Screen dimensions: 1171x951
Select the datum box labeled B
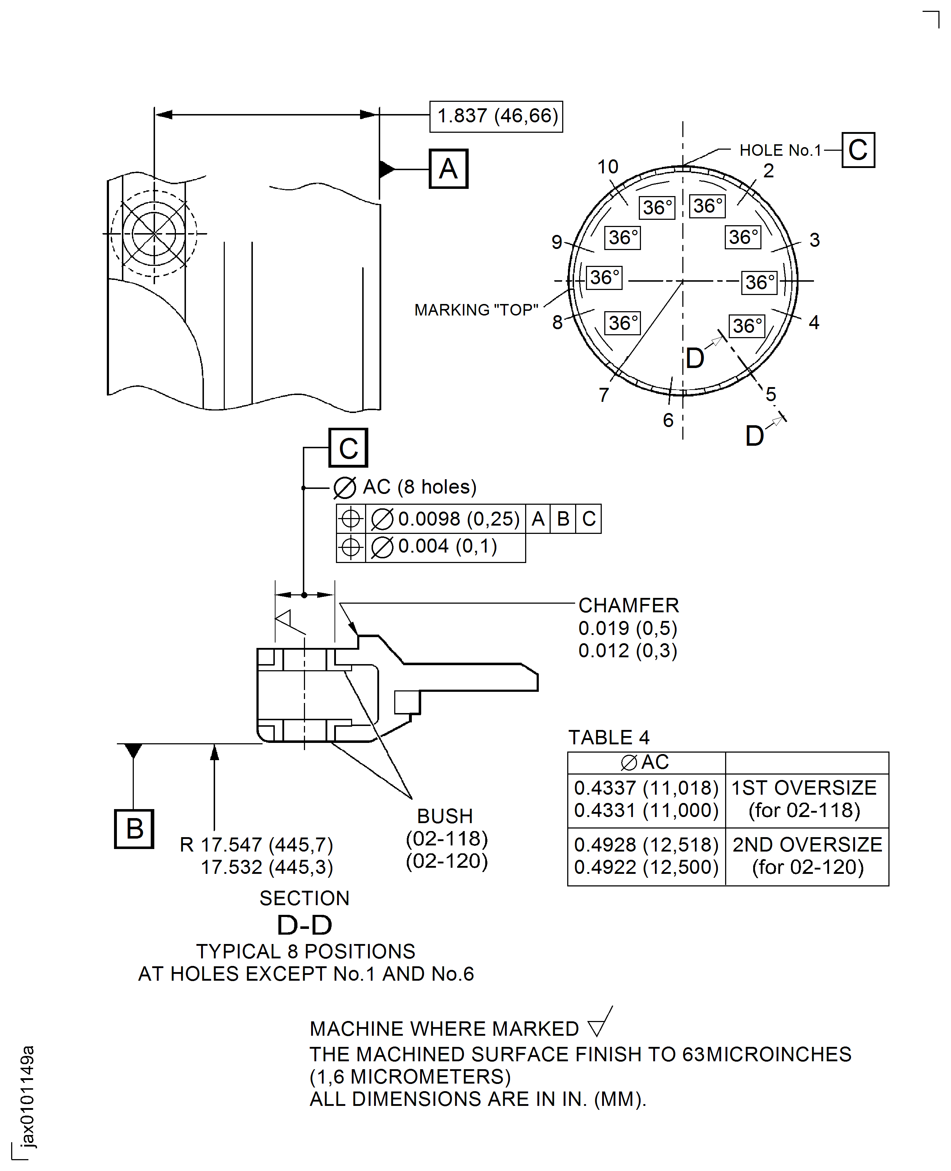pos(134,829)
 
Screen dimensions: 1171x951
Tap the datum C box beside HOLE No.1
pos(857,150)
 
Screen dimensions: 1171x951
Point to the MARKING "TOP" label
pos(475,310)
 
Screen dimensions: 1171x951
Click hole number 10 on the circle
pos(608,167)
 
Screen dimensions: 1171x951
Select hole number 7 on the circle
pos(604,395)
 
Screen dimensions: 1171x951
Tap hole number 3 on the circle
pos(814,240)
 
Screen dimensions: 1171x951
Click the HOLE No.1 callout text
pos(780,150)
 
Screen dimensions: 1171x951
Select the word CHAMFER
pos(628,605)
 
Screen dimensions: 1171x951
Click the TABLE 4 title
pos(608,737)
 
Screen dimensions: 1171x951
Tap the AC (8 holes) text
pos(419,487)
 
